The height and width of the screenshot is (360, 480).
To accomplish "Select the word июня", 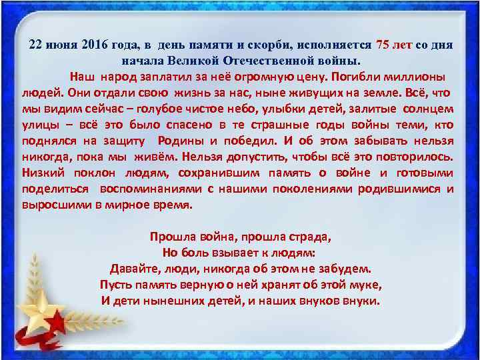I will click(x=64, y=45).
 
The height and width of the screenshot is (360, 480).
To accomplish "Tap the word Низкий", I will click(x=42, y=173).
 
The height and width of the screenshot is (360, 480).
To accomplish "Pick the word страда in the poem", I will click(x=309, y=237).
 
